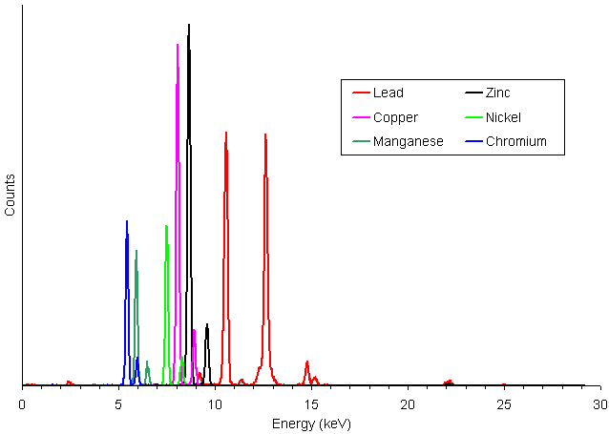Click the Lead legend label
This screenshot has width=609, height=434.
[388, 93]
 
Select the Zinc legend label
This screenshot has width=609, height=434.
[497, 93]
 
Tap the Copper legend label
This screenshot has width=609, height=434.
[395, 117]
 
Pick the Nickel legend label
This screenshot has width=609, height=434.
[503, 117]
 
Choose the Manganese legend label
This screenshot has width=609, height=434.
[409, 141]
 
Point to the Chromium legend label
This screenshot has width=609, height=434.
[516, 141]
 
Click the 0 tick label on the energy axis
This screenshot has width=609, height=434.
[22, 404]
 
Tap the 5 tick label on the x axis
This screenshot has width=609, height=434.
[118, 404]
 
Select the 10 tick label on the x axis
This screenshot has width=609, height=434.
[215, 404]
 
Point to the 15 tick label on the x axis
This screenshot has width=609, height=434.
[311, 404]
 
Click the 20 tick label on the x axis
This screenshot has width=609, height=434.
[408, 404]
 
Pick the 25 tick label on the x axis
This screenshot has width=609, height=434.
[504, 404]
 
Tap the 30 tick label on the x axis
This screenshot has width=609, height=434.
[600, 404]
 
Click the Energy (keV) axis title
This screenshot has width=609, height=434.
[311, 424]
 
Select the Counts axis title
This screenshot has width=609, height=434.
[10, 195]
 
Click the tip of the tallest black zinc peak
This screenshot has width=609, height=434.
[189, 25]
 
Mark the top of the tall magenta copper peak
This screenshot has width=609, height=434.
[178, 44]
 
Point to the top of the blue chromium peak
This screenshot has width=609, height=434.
[127, 221]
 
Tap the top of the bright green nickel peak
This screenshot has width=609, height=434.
[166, 225]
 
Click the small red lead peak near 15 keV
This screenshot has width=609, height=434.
[307, 362]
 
